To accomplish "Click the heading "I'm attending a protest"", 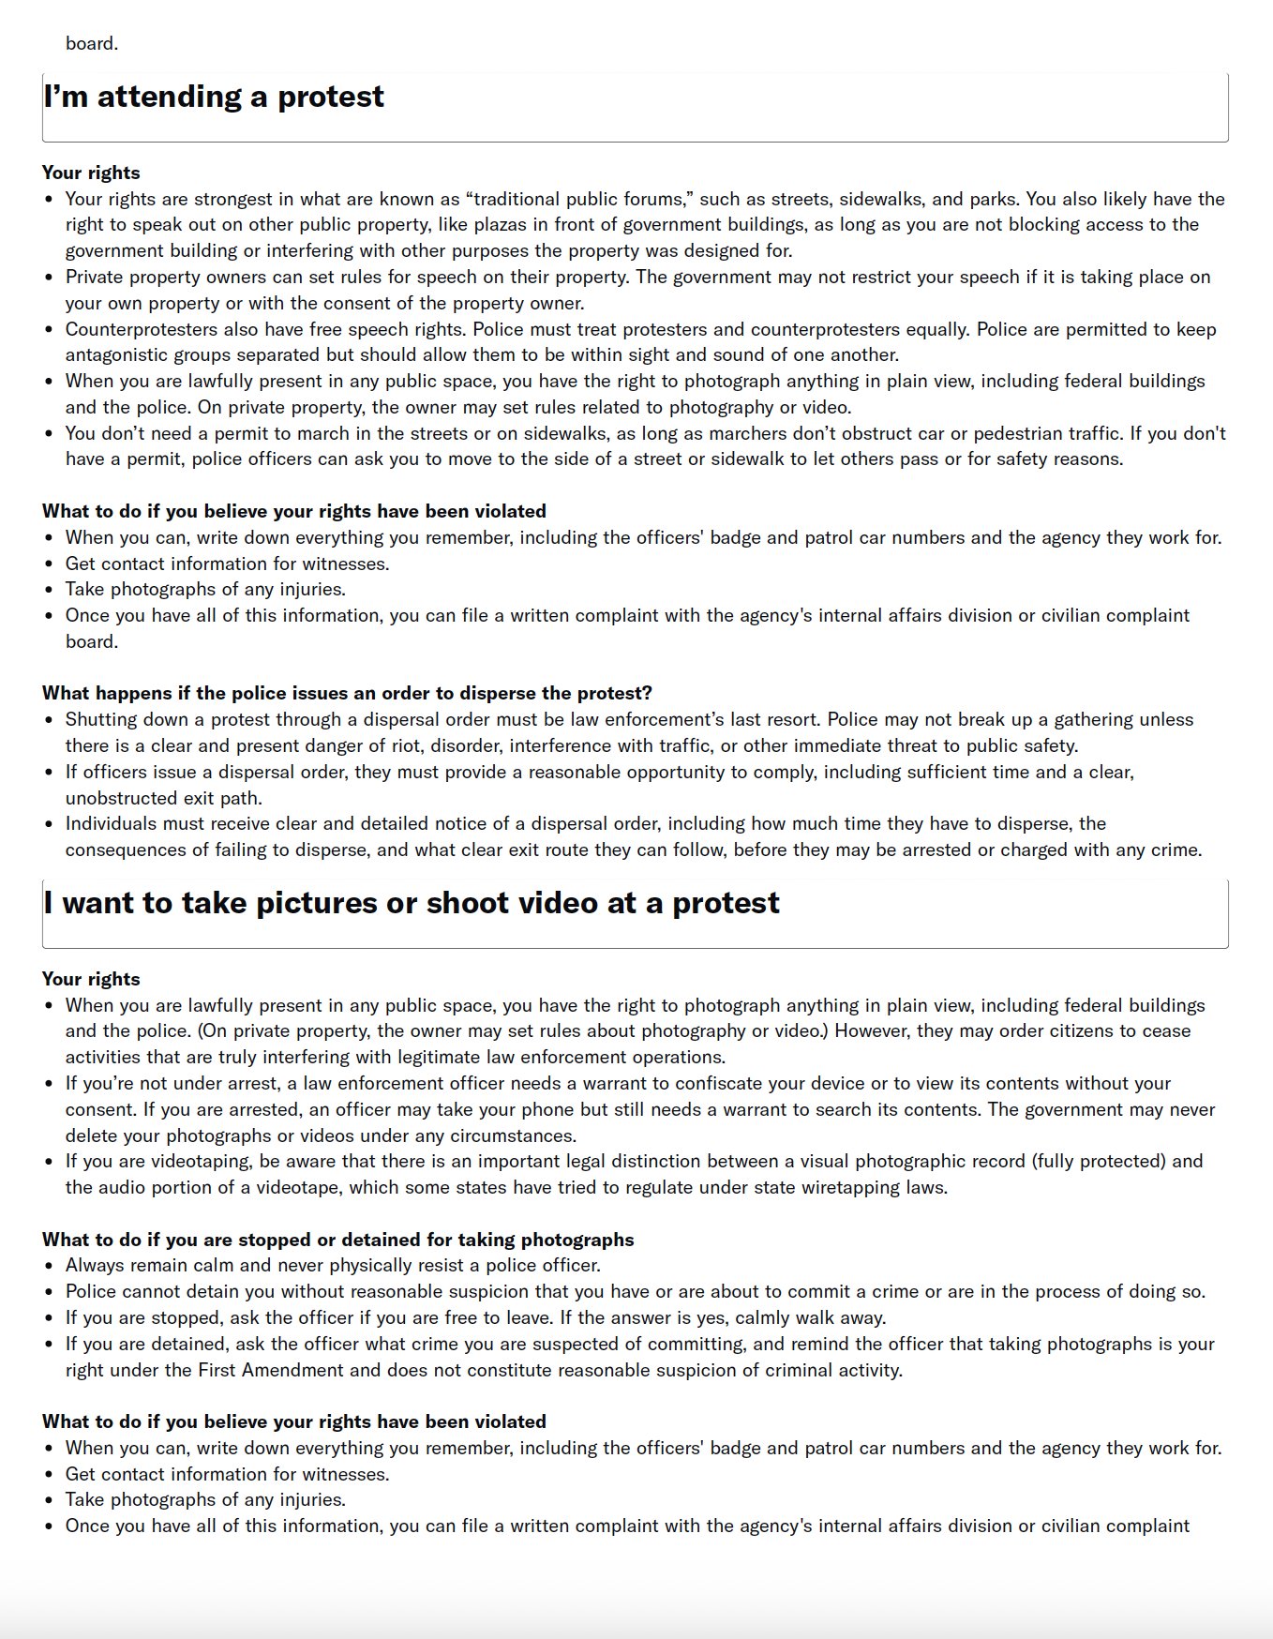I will tap(214, 97).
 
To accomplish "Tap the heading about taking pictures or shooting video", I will tap(412, 903).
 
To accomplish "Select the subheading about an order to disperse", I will tap(347, 693).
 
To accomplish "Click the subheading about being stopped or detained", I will tap(337, 1240).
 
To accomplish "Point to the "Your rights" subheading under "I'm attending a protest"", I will tap(91, 173).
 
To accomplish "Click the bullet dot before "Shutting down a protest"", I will tap(50, 720).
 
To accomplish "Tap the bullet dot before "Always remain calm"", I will tap(50, 1266).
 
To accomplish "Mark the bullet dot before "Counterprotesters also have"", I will tap(50, 329).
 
